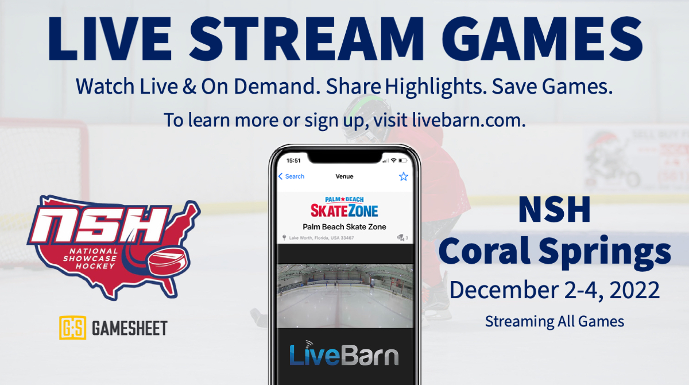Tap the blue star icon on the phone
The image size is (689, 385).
pyautogui.click(x=404, y=176)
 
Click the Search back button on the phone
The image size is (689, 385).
pyautogui.click(x=291, y=176)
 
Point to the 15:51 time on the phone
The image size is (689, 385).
pyautogui.click(x=293, y=160)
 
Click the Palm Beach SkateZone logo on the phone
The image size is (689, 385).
pyautogui.click(x=344, y=205)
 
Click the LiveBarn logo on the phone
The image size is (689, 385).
pyautogui.click(x=344, y=355)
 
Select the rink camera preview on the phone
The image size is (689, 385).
pyautogui.click(x=344, y=296)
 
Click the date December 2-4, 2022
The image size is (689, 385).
pyautogui.click(x=554, y=290)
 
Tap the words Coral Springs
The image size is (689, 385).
pyautogui.click(x=558, y=252)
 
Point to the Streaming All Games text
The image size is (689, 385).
pyautogui.click(x=554, y=321)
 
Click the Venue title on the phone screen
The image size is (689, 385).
pyautogui.click(x=344, y=176)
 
